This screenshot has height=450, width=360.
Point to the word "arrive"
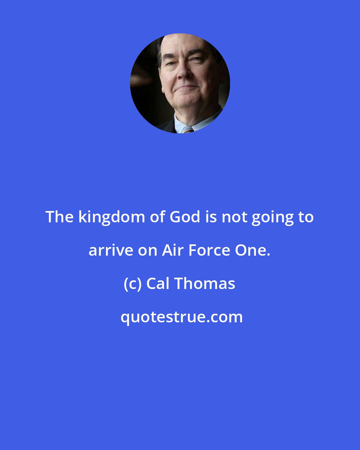tap(111, 251)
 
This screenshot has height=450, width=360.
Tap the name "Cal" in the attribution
tap(158, 284)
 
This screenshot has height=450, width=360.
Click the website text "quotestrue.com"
tap(182, 317)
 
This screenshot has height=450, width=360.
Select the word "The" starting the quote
tap(59, 217)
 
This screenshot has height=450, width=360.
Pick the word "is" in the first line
tap(211, 217)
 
